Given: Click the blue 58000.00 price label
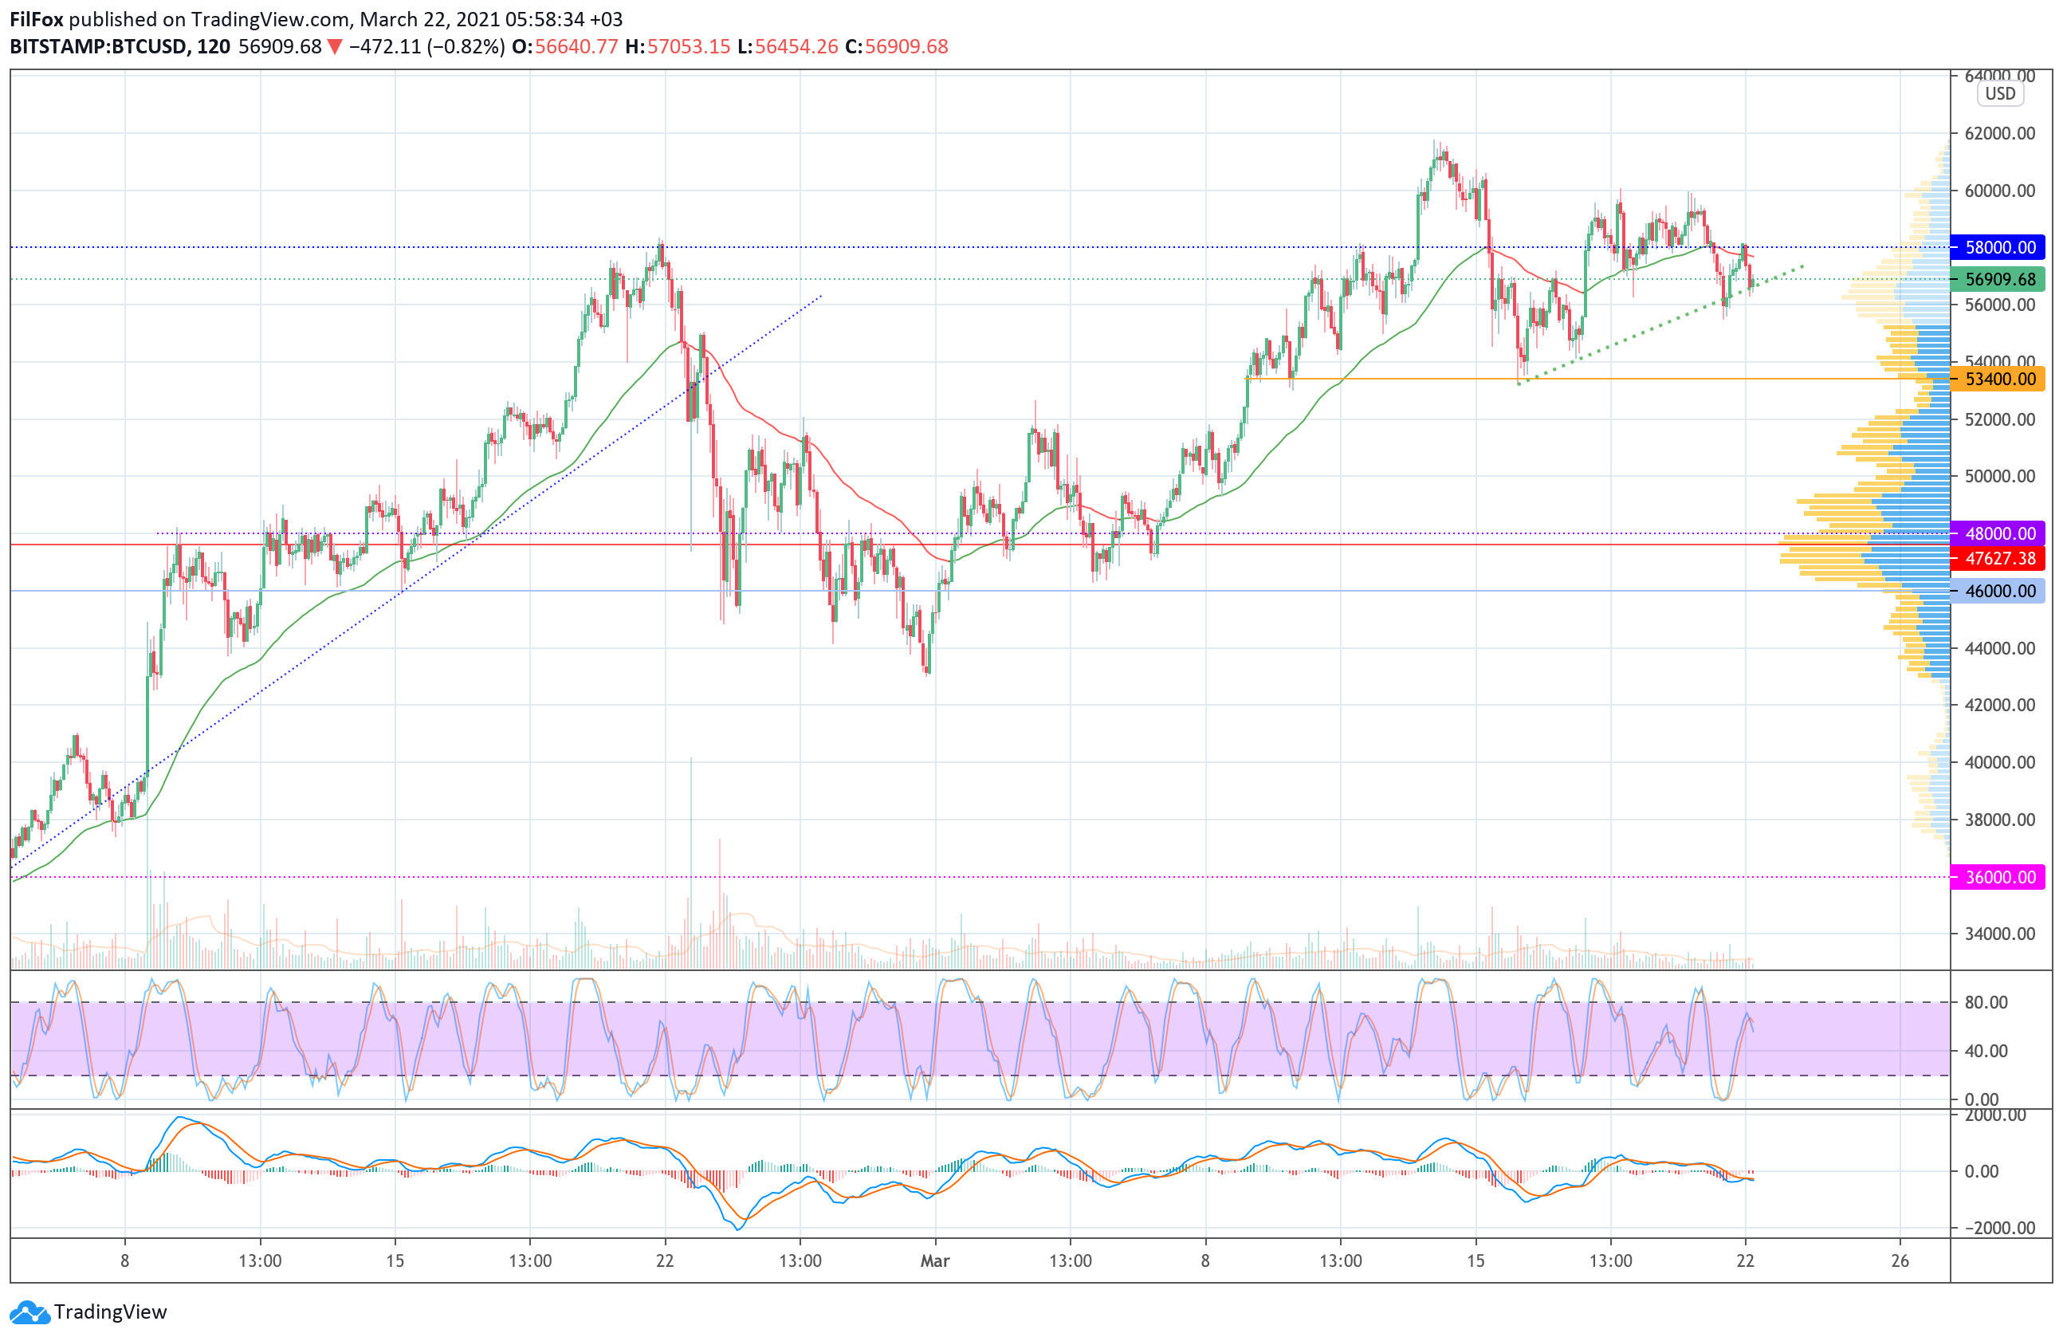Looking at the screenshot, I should coord(1997,247).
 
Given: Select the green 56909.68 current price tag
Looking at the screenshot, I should coord(1997,279).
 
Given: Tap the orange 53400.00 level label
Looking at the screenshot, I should coord(1997,379).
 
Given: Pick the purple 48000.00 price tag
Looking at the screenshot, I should coord(1997,534).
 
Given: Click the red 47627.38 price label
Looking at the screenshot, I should coord(1997,558).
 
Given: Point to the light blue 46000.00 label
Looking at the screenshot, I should coord(1997,592).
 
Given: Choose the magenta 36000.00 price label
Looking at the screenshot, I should coord(1997,877).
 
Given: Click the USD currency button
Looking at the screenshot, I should coord(2001,93).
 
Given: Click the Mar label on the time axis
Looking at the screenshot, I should coord(934,1261).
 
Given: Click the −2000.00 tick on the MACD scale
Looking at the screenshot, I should coord(1992,1228).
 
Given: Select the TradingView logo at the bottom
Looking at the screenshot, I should coord(88,1312).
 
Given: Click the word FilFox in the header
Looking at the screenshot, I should coord(37,19).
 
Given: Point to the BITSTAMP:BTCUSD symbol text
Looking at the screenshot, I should coord(98,47).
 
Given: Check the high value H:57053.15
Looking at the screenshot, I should coord(678,47).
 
